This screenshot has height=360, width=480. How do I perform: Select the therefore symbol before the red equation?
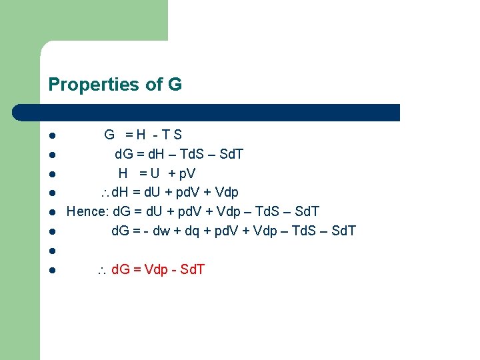point(103,270)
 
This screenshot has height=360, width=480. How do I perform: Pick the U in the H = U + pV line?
point(155,173)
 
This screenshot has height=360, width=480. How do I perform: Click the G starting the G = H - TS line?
point(109,135)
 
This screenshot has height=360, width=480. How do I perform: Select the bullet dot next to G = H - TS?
point(51,135)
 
